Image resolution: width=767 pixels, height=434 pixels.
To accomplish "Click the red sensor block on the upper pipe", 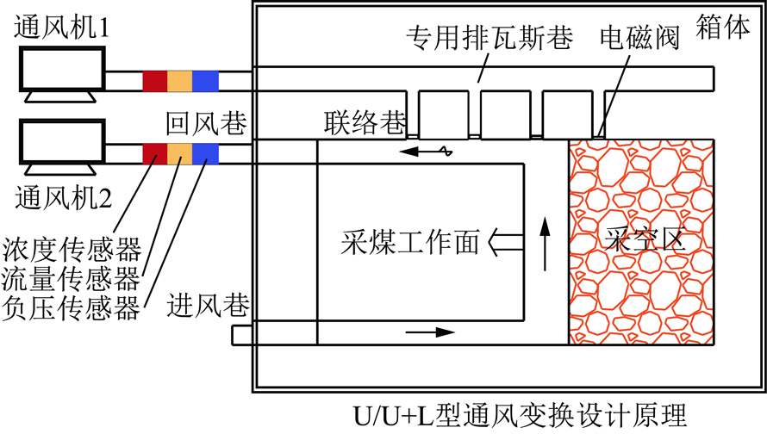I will point(155,80).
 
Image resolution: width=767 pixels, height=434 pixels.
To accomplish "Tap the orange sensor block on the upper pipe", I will point(180,80).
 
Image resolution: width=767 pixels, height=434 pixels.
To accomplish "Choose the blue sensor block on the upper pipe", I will point(205,80).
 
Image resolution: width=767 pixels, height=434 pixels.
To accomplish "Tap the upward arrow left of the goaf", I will point(545,244).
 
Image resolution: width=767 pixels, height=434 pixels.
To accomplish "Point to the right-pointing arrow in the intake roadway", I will point(432,331).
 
